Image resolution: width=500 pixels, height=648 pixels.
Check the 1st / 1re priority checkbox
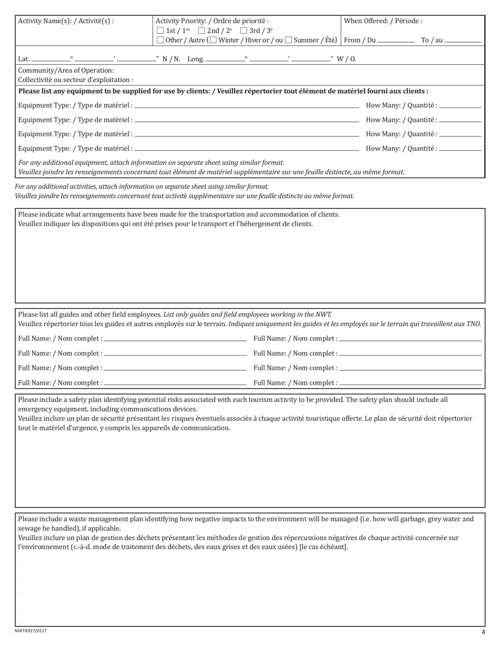161,31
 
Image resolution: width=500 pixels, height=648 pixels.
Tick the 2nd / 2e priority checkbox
202,31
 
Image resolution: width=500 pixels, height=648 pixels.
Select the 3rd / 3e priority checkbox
243,31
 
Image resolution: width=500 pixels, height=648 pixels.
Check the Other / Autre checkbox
161,41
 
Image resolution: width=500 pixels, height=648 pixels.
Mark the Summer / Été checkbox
288,41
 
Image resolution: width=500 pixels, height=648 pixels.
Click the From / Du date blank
396,41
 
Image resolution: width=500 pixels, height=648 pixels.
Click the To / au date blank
463,41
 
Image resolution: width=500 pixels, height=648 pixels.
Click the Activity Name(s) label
66,22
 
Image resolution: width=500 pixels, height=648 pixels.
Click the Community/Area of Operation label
66,71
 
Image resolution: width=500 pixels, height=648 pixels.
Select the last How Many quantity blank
460,149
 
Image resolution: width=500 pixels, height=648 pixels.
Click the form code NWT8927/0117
31,631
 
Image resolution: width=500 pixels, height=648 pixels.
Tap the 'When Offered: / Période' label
383,22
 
